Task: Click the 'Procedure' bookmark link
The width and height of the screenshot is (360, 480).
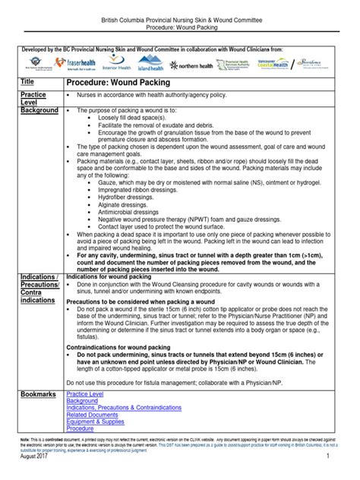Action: [x=81, y=428]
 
